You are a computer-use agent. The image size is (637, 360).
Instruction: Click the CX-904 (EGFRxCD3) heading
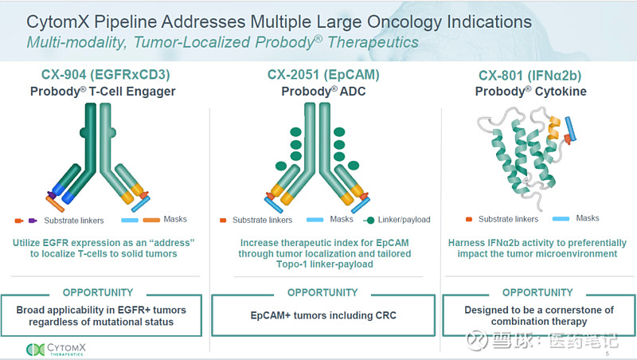(x=106, y=76)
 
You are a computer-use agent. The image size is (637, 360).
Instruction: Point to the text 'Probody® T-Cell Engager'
(x=107, y=92)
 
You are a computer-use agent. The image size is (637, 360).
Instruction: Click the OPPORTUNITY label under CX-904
(x=98, y=292)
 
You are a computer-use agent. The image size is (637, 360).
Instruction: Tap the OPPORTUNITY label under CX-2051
(x=322, y=292)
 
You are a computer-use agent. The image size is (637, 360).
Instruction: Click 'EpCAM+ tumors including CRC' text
(x=322, y=316)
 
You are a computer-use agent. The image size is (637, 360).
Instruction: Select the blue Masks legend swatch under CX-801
(x=560, y=218)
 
